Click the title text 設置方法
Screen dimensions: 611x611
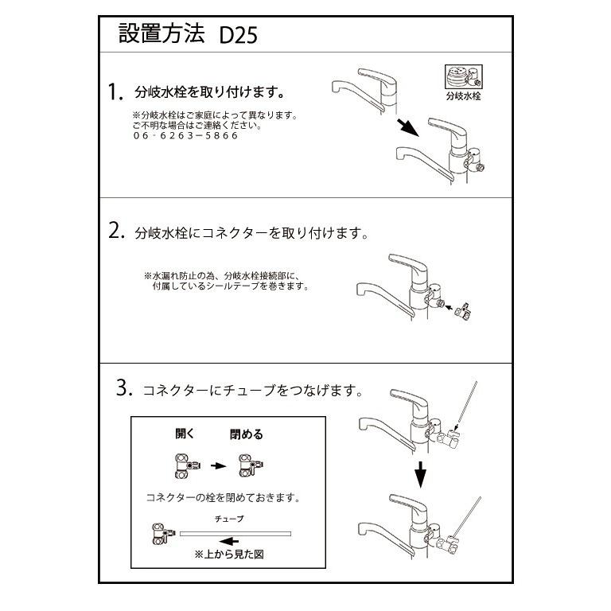click(162, 35)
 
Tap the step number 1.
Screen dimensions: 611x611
click(116, 92)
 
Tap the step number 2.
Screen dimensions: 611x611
click(117, 232)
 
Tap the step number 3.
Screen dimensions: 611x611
click(123, 389)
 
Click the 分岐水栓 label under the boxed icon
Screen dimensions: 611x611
click(462, 97)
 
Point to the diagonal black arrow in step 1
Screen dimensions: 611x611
click(408, 126)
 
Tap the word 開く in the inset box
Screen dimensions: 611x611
click(185, 434)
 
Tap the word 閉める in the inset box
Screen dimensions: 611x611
click(247, 434)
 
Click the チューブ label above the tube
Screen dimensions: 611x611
click(229, 518)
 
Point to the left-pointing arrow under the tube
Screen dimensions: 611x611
click(228, 542)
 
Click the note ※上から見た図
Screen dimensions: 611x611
click(229, 555)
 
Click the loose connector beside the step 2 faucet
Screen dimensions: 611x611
click(461, 310)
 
